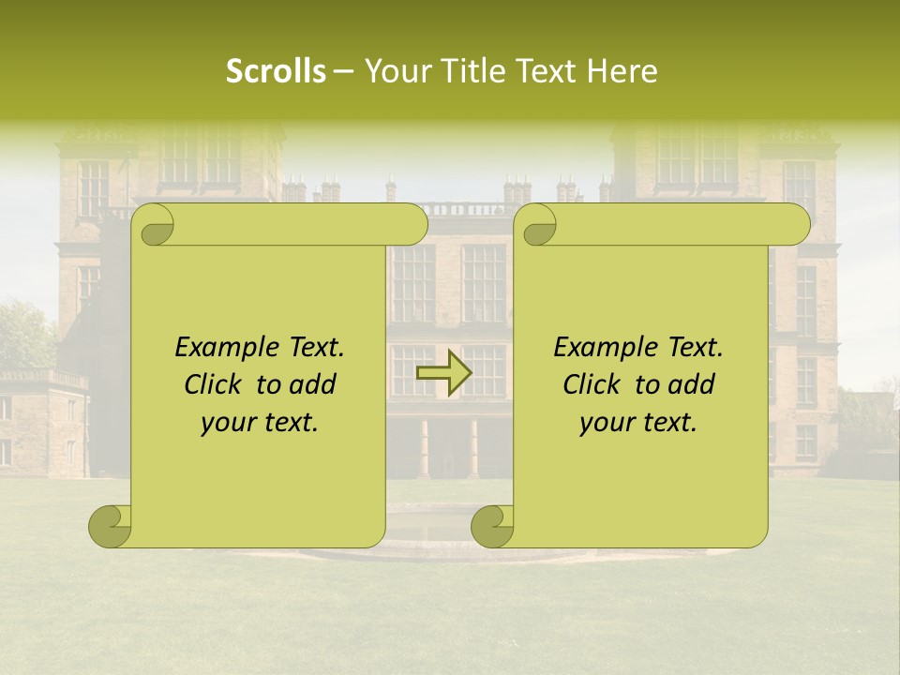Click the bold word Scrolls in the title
point(276,71)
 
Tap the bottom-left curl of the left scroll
point(111,525)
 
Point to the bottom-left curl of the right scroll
point(491,525)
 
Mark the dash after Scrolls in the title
point(343,71)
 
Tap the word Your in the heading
point(394,71)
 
